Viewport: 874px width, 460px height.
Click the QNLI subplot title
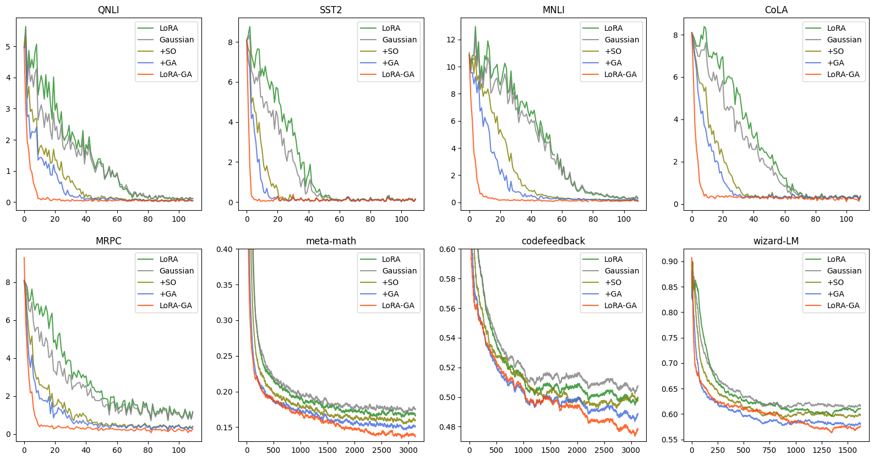pyautogui.click(x=108, y=10)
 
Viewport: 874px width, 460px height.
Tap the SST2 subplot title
pyautogui.click(x=331, y=10)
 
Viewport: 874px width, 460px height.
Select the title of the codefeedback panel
pyautogui.click(x=553, y=241)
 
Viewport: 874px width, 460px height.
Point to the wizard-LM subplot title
pyautogui.click(x=776, y=241)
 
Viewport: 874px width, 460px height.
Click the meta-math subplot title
pyautogui.click(x=331, y=241)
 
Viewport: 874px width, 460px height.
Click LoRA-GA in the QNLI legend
pyautogui.click(x=176, y=74)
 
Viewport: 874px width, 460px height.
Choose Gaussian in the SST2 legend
pyautogui.click(x=399, y=40)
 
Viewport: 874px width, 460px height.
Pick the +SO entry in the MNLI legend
pyautogui.click(x=613, y=51)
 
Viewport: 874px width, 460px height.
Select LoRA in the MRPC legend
pyautogui.click(x=168, y=259)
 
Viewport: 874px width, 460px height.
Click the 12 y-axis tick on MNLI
pyautogui.click(x=451, y=40)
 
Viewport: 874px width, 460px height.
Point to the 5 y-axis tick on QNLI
pyautogui.click(x=8, y=47)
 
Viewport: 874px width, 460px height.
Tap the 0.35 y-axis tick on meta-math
pyautogui.click(x=225, y=285)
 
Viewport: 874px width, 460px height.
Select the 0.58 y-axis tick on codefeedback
pyautogui.click(x=447, y=279)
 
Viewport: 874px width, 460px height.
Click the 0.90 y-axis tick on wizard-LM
pyautogui.click(x=670, y=261)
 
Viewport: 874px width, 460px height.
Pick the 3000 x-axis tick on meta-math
pyautogui.click(x=408, y=450)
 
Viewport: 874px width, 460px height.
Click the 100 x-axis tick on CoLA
pyautogui.click(x=846, y=219)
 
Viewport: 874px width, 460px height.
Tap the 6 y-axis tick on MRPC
pyautogui.click(x=8, y=320)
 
